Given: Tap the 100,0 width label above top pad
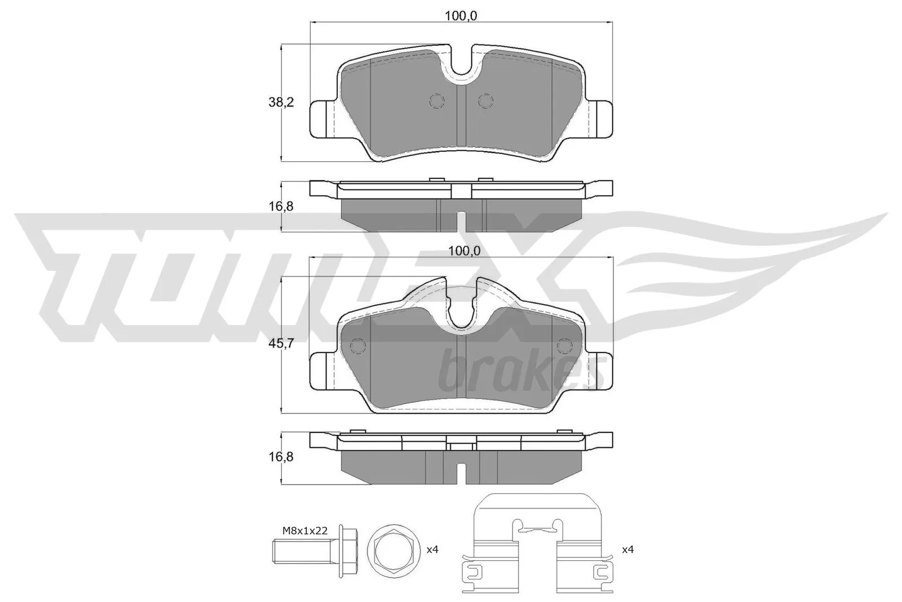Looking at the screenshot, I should [461, 16].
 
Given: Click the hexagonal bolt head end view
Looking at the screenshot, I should [393, 549].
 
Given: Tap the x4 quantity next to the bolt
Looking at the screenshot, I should [432, 549].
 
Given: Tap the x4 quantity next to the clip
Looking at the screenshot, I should [627, 549].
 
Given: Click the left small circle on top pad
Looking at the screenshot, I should [437, 100].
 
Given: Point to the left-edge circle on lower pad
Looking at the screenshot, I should [357, 345].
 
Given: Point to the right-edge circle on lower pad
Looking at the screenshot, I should [564, 345].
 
